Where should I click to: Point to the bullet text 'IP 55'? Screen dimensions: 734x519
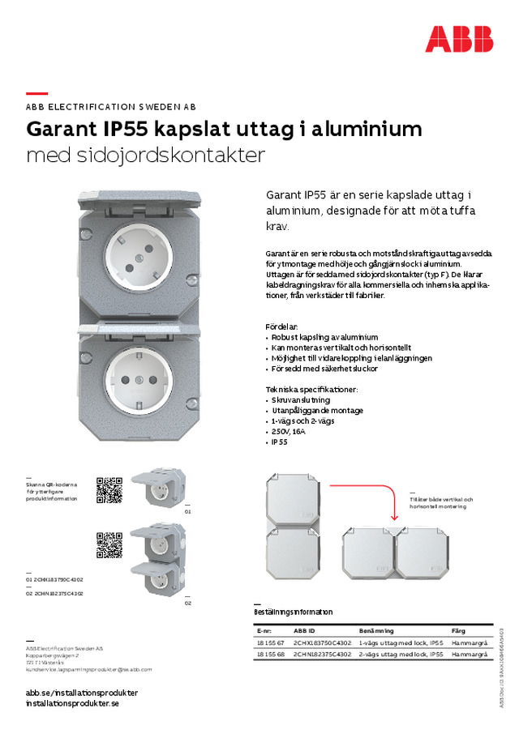(x=280, y=442)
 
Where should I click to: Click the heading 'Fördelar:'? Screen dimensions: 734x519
(x=283, y=326)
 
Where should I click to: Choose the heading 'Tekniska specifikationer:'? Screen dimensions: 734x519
(x=311, y=390)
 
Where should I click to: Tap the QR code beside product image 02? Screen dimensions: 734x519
(x=109, y=544)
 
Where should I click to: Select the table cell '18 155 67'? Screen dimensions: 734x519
(x=270, y=642)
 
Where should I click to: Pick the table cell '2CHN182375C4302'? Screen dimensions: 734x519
(x=322, y=654)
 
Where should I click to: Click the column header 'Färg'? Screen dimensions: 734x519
(x=459, y=630)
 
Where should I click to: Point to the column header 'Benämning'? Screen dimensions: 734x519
(x=376, y=630)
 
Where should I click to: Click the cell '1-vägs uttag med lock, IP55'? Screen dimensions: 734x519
(x=401, y=642)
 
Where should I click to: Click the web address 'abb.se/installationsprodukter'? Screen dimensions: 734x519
(x=82, y=693)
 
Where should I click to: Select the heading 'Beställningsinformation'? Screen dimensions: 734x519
(x=294, y=612)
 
